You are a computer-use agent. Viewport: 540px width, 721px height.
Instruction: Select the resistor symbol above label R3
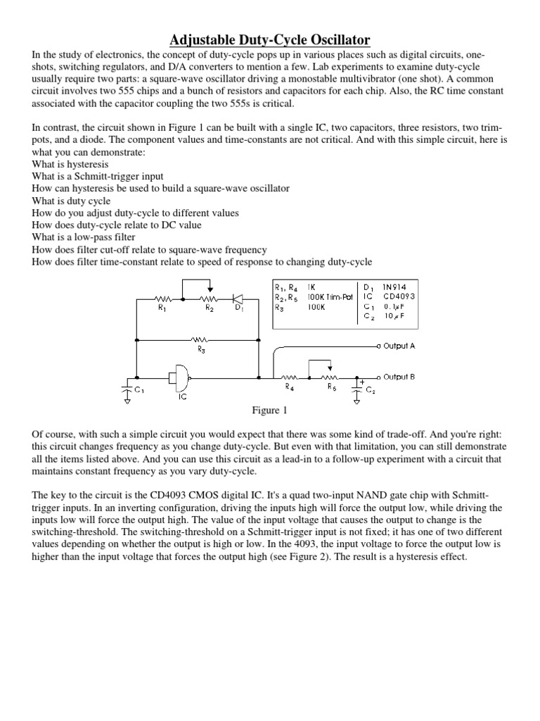(x=201, y=339)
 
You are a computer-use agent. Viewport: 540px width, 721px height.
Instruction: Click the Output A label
(x=399, y=346)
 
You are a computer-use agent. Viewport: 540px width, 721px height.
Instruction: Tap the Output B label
(x=399, y=377)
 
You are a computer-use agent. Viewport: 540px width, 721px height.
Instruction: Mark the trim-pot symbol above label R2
(x=209, y=297)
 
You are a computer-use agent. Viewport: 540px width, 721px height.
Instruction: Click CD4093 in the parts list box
(x=399, y=296)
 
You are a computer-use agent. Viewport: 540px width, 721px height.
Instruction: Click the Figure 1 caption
(x=271, y=410)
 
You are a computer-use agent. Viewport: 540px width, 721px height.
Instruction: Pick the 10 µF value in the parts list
(x=394, y=316)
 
